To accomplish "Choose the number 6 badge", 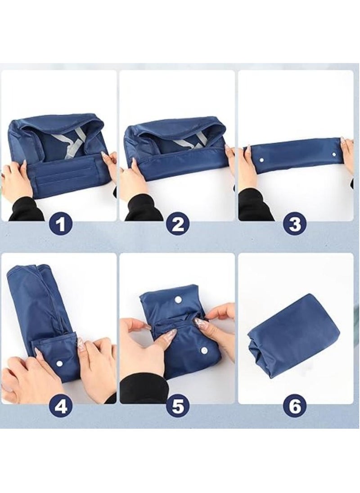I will click(x=295, y=407).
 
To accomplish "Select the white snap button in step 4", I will click(x=59, y=363).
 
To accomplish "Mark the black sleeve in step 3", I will click(x=256, y=206).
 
